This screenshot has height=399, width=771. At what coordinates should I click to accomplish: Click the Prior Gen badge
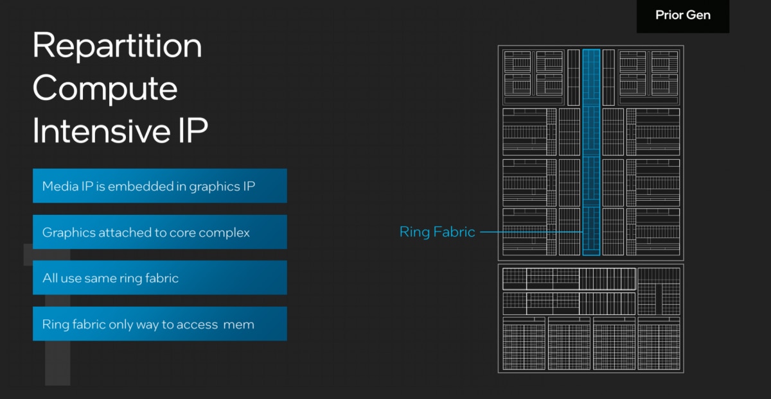[683, 15]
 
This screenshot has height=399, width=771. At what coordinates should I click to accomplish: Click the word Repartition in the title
[118, 46]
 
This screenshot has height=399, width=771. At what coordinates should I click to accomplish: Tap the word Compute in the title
[105, 89]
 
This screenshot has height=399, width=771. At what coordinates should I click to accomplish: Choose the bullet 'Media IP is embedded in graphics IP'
[159, 186]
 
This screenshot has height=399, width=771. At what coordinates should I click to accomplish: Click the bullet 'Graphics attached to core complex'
[159, 232]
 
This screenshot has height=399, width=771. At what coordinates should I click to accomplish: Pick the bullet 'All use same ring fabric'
[159, 278]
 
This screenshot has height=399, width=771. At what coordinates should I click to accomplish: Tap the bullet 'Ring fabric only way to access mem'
[159, 324]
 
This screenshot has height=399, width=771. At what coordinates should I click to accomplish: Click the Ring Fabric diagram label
[438, 232]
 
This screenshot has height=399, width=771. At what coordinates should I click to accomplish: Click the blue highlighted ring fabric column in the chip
[591, 152]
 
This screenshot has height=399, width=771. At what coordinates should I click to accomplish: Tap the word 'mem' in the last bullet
[239, 325]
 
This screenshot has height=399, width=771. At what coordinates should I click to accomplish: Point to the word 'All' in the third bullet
[49, 278]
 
